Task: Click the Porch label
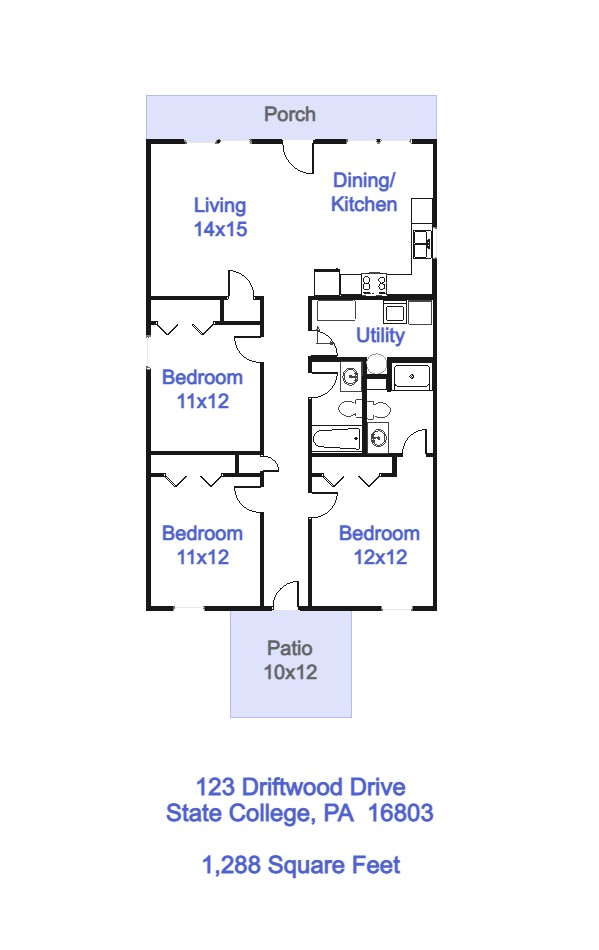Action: [x=290, y=114]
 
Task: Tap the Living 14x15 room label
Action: [x=220, y=217]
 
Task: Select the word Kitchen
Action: [x=364, y=204]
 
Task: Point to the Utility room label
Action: [x=380, y=335]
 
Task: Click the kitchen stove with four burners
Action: [x=374, y=284]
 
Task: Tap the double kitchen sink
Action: [x=422, y=244]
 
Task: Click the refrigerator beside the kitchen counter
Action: [x=327, y=282]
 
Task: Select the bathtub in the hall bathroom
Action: [x=337, y=438]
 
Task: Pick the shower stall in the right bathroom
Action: [x=412, y=377]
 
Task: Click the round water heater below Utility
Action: [x=376, y=364]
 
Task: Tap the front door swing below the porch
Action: [x=299, y=158]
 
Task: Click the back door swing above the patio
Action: [x=286, y=595]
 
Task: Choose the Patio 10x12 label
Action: [x=290, y=660]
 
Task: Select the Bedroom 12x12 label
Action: [x=380, y=545]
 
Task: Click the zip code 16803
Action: [x=400, y=812]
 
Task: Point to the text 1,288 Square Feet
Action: [x=301, y=865]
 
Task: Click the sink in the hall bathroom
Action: [x=350, y=377]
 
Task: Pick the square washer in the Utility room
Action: [x=394, y=313]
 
